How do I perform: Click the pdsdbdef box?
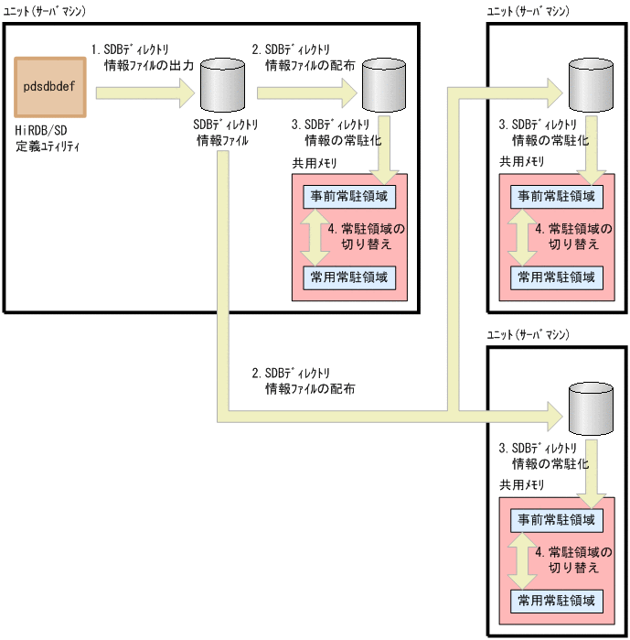coord(51,86)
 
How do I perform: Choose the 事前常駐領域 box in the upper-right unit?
coord(556,196)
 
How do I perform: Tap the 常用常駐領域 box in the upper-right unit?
coord(556,277)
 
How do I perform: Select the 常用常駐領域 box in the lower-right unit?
coord(556,602)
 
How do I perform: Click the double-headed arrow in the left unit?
coord(315,236)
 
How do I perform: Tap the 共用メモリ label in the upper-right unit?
coord(521,161)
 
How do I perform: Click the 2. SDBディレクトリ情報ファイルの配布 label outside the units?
coord(304,381)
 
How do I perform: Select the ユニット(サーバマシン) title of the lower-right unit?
coord(528,336)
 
